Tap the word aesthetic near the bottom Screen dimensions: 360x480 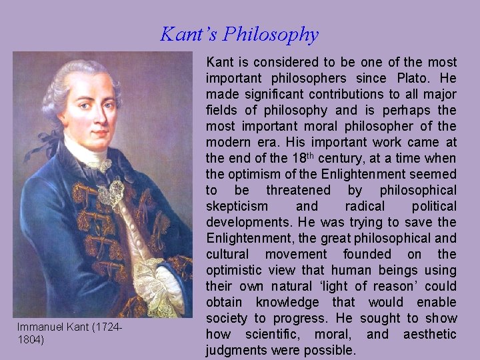(x=430, y=334)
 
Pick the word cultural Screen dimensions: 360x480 (x=227, y=254)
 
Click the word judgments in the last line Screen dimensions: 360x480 (x=238, y=350)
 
